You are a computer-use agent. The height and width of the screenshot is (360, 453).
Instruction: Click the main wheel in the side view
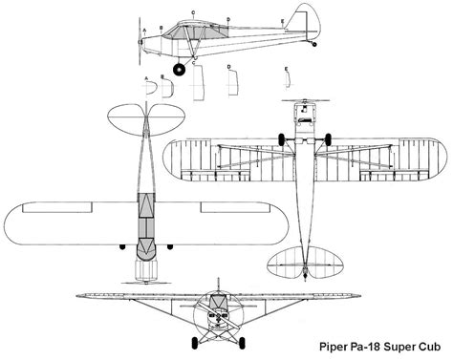tap(179, 67)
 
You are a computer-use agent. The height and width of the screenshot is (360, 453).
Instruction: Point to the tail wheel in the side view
tap(315, 44)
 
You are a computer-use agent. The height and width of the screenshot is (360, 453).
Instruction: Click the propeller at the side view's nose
tap(139, 40)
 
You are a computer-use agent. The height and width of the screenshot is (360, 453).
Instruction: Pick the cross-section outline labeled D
tap(230, 84)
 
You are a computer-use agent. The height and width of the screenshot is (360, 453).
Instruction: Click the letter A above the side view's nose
tap(143, 31)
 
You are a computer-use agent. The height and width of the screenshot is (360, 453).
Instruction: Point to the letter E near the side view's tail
tap(283, 20)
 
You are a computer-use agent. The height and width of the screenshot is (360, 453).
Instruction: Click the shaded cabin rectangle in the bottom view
tap(304, 116)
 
